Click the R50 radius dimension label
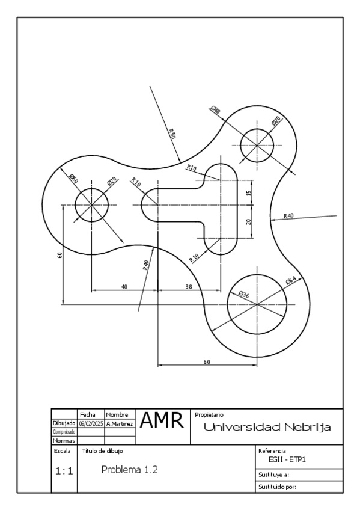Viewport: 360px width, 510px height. click(172, 134)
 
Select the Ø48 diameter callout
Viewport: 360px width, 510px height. click(215, 109)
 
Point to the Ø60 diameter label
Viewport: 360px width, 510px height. click(74, 179)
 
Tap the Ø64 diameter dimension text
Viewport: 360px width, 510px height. click(291, 280)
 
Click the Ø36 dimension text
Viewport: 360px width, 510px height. click(243, 295)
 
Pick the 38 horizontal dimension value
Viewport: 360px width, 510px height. click(189, 287)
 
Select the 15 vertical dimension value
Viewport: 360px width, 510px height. click(249, 193)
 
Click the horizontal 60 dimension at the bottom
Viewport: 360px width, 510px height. click(207, 361)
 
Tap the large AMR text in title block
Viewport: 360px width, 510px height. click(162, 420)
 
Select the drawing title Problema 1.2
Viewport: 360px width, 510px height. click(130, 470)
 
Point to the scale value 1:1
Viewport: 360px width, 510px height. click(64, 471)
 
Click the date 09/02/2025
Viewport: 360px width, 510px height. click(91, 424)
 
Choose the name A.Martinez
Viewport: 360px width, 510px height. click(120, 424)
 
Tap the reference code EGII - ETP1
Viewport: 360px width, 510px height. click(287, 460)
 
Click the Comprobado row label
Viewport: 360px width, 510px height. click(64, 432)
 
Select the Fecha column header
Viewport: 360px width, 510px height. click(88, 415)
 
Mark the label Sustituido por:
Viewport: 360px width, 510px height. click(277, 487)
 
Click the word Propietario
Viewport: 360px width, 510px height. click(209, 415)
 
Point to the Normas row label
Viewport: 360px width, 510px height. click(64, 441)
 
